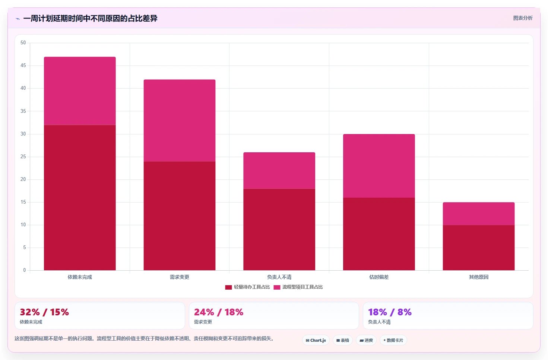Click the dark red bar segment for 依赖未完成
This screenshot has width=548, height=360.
(80, 197)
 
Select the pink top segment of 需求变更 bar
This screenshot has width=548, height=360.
(180, 121)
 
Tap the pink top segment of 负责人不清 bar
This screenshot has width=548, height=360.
(279, 171)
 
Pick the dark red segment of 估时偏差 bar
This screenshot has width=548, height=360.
(379, 234)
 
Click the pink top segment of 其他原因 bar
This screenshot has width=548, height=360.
(479, 214)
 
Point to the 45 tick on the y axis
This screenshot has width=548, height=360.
(23, 66)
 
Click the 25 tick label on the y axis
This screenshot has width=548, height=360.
(23, 157)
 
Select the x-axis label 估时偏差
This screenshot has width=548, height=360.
(379, 277)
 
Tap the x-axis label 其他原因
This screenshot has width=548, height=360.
(479, 277)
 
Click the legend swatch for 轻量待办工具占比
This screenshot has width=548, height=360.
(228, 287)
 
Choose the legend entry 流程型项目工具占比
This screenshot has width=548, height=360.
(298, 287)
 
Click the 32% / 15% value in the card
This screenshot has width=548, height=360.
(44, 312)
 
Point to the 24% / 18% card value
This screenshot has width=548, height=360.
(219, 312)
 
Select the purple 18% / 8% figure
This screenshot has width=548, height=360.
(390, 312)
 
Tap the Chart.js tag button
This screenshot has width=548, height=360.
(316, 340)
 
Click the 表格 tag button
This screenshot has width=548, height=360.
(343, 340)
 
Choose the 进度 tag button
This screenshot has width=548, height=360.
(366, 340)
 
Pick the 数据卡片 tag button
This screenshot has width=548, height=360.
(393, 340)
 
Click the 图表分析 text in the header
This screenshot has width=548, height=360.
(523, 18)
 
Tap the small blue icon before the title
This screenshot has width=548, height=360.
(18, 19)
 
